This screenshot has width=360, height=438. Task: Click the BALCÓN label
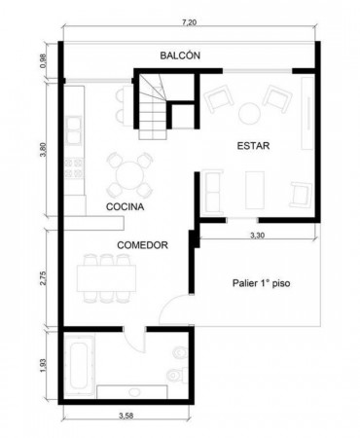(x=180, y=55)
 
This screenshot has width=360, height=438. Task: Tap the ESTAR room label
(x=253, y=146)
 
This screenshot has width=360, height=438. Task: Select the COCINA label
(x=126, y=206)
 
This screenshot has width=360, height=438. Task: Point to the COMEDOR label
(x=142, y=245)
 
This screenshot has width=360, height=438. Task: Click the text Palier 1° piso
(x=262, y=283)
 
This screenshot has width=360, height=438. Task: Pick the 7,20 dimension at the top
(x=190, y=22)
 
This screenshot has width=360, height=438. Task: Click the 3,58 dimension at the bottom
(x=126, y=416)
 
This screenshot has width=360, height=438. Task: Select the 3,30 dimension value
(x=257, y=236)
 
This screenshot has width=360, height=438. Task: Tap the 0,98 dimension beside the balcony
(x=43, y=60)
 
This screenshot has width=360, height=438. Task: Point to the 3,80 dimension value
(x=43, y=150)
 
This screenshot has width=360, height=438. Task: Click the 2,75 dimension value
(x=43, y=277)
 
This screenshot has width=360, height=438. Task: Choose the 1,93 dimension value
(x=43, y=365)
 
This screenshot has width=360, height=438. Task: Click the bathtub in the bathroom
(x=79, y=365)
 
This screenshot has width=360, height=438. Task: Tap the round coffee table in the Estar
(x=249, y=113)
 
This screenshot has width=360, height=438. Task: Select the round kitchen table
(x=129, y=176)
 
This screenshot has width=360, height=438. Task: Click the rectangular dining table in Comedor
(x=106, y=278)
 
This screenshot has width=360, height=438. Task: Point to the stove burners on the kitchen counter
(x=74, y=168)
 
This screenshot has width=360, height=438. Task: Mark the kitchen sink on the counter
(x=73, y=129)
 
